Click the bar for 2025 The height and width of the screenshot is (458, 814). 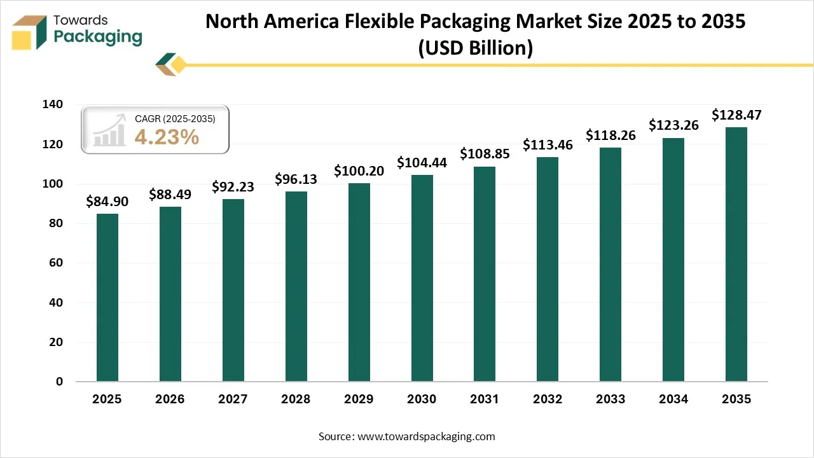coord(107,298)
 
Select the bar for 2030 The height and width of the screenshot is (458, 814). coord(422,278)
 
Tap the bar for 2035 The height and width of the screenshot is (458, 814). coord(736,254)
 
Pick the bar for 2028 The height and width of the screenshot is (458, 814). coord(296,286)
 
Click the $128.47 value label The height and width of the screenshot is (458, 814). coord(736,115)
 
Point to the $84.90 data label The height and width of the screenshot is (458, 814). coord(107,202)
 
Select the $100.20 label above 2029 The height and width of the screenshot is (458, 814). coord(359,171)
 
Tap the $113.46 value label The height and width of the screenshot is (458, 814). coord(548,145)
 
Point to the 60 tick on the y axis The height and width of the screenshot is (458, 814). coord(57,263)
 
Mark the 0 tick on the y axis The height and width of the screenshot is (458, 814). coord(59,382)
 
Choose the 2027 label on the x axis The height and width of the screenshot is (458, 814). coord(233,399)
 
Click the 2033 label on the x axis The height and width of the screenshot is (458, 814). coord(610,399)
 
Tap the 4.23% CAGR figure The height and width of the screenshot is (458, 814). coord(167,137)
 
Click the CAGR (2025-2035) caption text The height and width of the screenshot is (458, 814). coord(175,119)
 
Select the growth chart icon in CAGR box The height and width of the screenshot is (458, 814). coord(109,130)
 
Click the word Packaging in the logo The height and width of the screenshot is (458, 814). coord(98,37)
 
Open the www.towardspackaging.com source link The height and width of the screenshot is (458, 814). coord(427,436)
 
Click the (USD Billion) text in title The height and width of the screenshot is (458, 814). coord(475,48)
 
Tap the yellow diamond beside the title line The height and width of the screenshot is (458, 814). coord(179,64)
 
